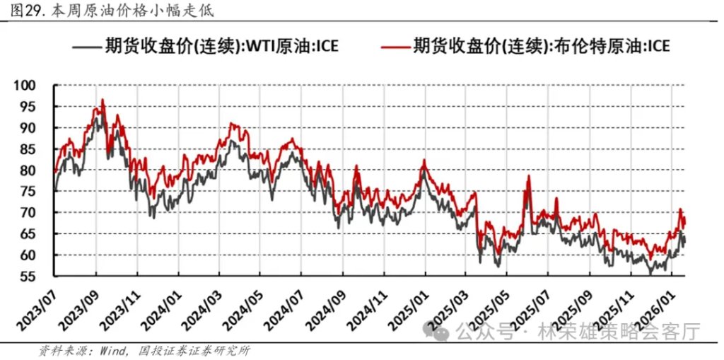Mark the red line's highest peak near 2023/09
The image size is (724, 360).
pyautogui.click(x=103, y=100)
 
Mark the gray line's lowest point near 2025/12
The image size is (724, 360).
pyautogui.click(x=650, y=273)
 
